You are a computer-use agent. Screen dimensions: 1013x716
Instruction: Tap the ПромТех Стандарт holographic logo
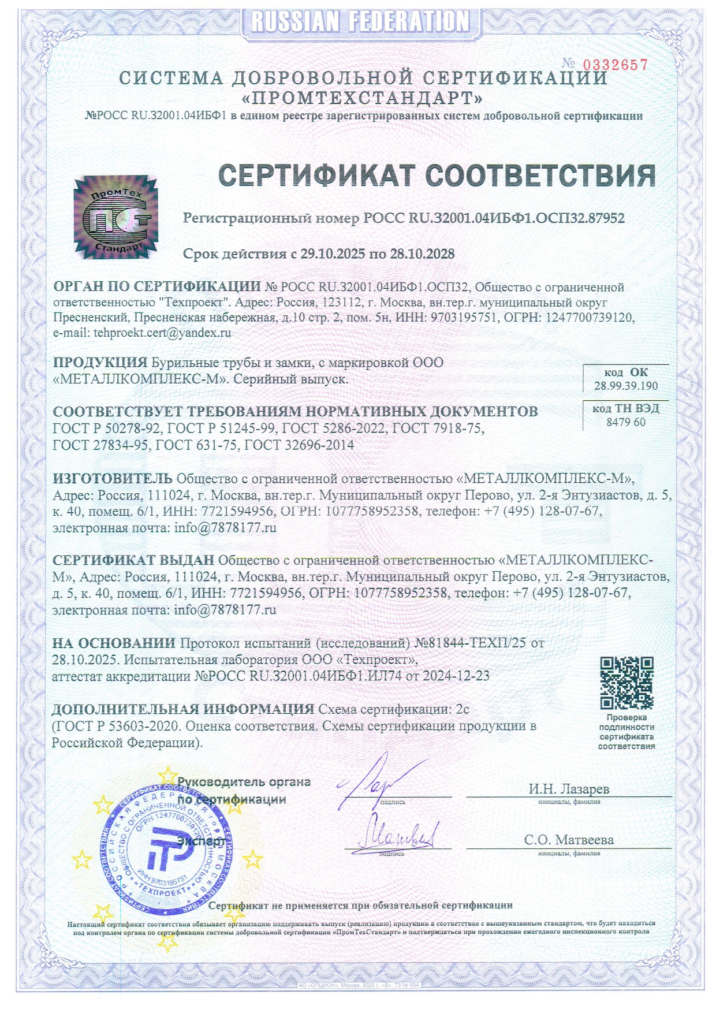[x=115, y=217]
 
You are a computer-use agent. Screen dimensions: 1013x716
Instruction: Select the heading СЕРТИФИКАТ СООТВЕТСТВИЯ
[x=437, y=176]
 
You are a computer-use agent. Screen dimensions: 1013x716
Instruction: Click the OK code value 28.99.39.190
[x=626, y=386]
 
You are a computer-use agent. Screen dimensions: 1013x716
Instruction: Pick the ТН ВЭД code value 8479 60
[x=626, y=422]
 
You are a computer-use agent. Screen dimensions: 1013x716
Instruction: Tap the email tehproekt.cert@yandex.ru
[x=162, y=333]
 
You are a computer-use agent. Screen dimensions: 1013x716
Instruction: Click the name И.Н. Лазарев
[x=569, y=788]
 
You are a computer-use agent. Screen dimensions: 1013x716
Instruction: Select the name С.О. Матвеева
[x=569, y=840]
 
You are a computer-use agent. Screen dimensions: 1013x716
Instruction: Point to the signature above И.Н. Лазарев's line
[x=370, y=783]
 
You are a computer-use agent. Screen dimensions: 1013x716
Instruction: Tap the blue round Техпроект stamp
[x=167, y=849]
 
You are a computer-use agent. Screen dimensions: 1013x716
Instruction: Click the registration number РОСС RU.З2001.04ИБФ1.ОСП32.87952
[x=494, y=218]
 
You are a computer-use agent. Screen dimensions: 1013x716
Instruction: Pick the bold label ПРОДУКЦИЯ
[x=100, y=363]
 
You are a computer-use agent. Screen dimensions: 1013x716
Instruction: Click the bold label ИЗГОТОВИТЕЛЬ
[x=113, y=478]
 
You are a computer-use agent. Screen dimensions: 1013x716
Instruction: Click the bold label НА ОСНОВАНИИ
[x=114, y=643]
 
